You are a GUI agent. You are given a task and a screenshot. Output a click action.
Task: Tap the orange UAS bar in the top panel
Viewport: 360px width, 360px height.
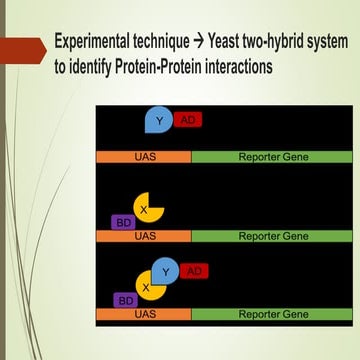tap(144, 158)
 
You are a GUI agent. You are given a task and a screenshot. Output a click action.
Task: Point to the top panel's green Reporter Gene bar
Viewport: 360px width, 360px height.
tap(273, 158)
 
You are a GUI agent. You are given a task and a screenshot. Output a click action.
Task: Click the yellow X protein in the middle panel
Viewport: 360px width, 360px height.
tap(147, 209)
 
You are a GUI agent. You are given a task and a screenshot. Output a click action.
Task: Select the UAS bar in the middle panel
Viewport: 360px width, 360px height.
tap(144, 237)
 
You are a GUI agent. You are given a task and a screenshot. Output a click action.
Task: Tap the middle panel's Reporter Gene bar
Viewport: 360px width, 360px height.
tap(273, 237)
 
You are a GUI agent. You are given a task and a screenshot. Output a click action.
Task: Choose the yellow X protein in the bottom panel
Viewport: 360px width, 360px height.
tap(147, 287)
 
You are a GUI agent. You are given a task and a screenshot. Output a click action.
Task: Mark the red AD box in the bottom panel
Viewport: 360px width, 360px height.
tap(194, 271)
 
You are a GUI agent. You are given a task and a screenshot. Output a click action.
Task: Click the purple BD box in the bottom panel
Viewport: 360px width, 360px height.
tap(125, 300)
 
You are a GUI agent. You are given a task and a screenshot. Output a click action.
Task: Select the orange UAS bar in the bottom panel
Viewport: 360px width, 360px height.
tap(144, 314)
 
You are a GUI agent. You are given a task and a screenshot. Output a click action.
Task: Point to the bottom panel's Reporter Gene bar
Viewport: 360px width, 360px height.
tap(273, 314)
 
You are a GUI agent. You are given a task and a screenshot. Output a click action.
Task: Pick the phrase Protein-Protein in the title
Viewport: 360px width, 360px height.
tap(156, 66)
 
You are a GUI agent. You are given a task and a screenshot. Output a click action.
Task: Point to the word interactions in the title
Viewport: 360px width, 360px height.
tap(239, 66)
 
